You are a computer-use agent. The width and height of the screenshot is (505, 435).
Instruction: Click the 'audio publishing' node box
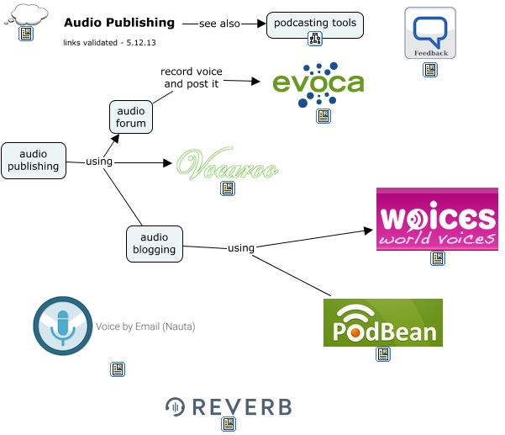pyautogui.click(x=34, y=160)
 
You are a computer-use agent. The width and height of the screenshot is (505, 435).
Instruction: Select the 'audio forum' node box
pyautogui.click(x=131, y=117)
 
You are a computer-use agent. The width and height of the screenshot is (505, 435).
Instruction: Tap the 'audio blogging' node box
pyautogui.click(x=155, y=243)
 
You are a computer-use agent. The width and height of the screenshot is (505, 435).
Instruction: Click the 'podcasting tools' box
pyautogui.click(x=315, y=23)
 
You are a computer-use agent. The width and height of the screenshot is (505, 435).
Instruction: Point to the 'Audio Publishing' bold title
pyautogui.click(x=119, y=24)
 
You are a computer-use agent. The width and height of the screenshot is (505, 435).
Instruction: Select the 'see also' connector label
pyautogui.click(x=218, y=24)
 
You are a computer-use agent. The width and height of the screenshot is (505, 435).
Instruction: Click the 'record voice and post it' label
pyautogui.click(x=192, y=77)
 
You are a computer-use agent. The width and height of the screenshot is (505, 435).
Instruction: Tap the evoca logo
pyautogui.click(x=318, y=84)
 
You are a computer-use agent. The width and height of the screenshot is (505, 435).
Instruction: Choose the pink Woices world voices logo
pyautogui.click(x=436, y=220)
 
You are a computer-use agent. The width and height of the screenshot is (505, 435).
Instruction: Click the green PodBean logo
pyautogui.click(x=382, y=322)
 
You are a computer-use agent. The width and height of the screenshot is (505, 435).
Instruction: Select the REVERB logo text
pyautogui.click(x=229, y=407)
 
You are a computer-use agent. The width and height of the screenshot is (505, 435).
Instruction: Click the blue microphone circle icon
pyautogui.click(x=62, y=326)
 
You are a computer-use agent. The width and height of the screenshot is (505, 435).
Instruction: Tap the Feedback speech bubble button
pyautogui.click(x=430, y=34)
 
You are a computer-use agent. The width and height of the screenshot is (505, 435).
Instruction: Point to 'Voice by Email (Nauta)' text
pyautogui.click(x=145, y=326)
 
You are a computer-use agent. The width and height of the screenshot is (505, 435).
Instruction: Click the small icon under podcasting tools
pyautogui.click(x=315, y=39)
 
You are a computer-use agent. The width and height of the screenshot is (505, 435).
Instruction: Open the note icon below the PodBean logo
pyautogui.click(x=382, y=355)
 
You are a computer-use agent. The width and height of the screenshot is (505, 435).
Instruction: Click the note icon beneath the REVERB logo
pyautogui.click(x=228, y=425)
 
